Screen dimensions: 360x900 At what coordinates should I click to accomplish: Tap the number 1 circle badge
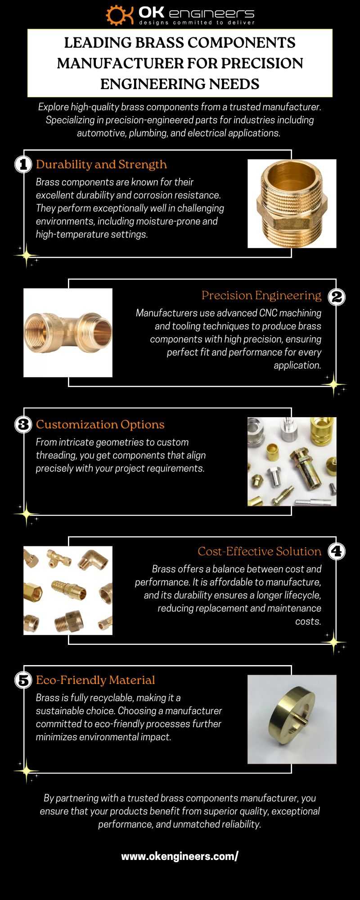[23, 164]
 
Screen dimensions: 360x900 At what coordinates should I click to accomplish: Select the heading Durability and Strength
[101, 165]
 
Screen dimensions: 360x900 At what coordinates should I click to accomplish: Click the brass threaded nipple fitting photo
[292, 203]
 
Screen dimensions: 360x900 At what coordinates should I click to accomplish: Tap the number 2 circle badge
[337, 296]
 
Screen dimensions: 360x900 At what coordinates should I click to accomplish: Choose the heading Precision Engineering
[261, 296]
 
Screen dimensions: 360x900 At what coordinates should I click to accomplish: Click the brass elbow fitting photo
[68, 333]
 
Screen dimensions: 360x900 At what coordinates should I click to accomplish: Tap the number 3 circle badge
[23, 425]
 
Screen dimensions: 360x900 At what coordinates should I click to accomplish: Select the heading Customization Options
[100, 425]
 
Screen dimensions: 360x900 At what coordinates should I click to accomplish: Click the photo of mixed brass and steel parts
[292, 461]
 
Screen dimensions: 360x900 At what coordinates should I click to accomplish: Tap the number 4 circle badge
[337, 551]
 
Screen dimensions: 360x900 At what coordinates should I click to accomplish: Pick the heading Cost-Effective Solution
[260, 551]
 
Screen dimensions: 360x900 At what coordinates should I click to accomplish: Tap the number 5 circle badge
[23, 680]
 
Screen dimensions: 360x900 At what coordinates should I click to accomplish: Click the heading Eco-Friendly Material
[95, 680]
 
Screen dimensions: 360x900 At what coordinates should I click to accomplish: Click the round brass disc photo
[292, 719]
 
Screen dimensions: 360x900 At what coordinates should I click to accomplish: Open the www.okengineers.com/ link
[180, 856]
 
